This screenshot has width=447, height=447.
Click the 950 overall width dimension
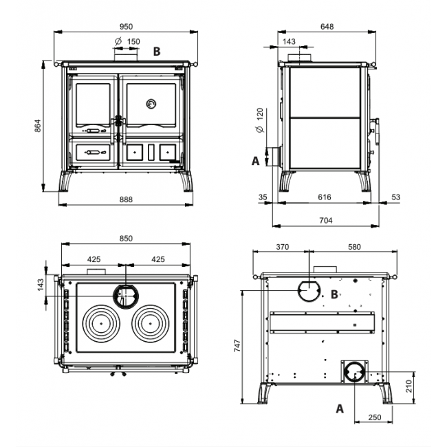click(x=125, y=26)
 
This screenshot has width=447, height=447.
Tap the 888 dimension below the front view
click(x=125, y=199)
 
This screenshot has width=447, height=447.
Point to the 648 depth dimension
click(x=327, y=26)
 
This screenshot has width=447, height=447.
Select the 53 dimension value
click(x=394, y=197)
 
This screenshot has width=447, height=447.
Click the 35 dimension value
click(x=262, y=197)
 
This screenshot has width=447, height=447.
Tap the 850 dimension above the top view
click(x=125, y=239)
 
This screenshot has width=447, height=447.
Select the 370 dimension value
click(x=281, y=246)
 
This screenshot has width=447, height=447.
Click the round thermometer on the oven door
click(x=150, y=104)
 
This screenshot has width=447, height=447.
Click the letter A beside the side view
click(x=256, y=160)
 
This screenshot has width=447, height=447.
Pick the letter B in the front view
click(x=157, y=51)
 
